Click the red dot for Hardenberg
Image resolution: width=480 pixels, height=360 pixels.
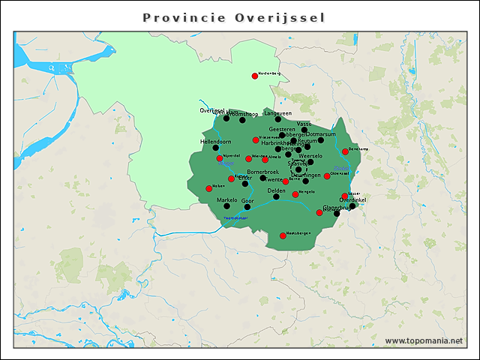pos(255,76)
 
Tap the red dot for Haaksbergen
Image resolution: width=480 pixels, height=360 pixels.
pos(283,236)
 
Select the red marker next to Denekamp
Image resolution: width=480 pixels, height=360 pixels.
pos(345,151)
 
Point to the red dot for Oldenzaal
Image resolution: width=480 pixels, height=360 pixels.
pos(327,176)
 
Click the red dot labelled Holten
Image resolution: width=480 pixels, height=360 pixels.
pos(208,188)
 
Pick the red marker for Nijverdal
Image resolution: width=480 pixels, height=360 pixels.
pos(219,158)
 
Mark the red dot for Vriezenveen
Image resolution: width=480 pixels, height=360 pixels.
pos(256,140)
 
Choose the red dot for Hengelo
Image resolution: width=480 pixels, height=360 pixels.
pos(295,195)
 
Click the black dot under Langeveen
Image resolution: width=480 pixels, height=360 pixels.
pos(278,119)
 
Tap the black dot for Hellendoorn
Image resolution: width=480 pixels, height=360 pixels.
pos(214,148)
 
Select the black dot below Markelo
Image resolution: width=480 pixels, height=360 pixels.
pos(226,206)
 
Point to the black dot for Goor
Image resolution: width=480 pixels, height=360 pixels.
pos(247,207)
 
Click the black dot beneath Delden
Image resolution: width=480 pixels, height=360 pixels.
pos(277,197)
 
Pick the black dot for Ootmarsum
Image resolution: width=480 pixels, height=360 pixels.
pos(321,140)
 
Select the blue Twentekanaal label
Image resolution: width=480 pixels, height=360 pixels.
pos(237,218)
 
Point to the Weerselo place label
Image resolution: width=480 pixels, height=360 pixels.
pos(310,156)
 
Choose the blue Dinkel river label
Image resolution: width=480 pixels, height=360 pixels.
pos(340,168)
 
